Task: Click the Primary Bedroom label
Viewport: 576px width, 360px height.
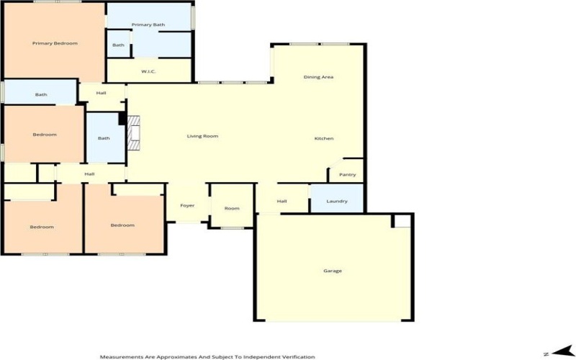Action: coord(55,43)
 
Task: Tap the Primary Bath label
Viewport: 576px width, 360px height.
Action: coord(148,24)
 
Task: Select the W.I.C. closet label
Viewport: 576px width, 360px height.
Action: coord(148,71)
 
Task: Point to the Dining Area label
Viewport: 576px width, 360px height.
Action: coord(318,77)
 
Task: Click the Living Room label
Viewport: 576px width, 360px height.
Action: coord(202,136)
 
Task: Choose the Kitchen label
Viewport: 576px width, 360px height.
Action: coord(324,138)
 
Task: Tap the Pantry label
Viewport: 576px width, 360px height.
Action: coord(348,175)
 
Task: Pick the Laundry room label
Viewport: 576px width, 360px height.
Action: coord(337,202)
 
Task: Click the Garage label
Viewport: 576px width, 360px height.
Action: coord(333,271)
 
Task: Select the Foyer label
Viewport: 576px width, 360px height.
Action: coord(187,206)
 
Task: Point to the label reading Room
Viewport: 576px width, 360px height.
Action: coord(232,208)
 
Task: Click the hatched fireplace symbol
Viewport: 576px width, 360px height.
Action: coord(134,132)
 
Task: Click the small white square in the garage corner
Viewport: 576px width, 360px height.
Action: coord(402,221)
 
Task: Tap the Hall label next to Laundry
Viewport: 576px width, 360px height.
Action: coord(282,202)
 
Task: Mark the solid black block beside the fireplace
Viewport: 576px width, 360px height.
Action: coord(122,119)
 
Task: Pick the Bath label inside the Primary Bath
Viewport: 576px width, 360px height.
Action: coord(118,45)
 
